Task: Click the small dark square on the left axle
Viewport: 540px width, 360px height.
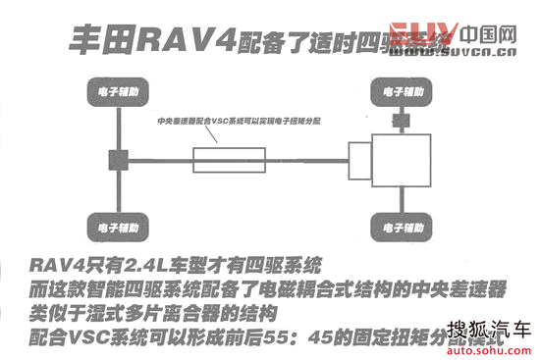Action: pyautogui.click(x=114, y=160)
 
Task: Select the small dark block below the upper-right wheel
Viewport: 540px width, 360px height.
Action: pyautogui.click(x=401, y=121)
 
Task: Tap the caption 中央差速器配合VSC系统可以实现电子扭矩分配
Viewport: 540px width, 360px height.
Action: pyautogui.click(x=240, y=122)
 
